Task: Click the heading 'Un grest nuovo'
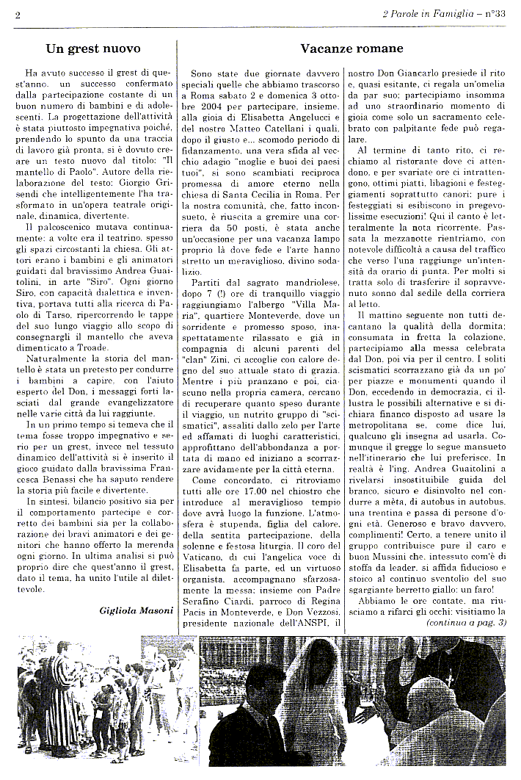pyautogui.click(x=93, y=49)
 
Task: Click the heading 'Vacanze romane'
pyautogui.click(x=351, y=49)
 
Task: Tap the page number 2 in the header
pyautogui.click(x=17, y=14)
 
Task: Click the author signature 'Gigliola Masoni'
pyautogui.click(x=136, y=610)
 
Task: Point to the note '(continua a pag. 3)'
pyautogui.click(x=466, y=623)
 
